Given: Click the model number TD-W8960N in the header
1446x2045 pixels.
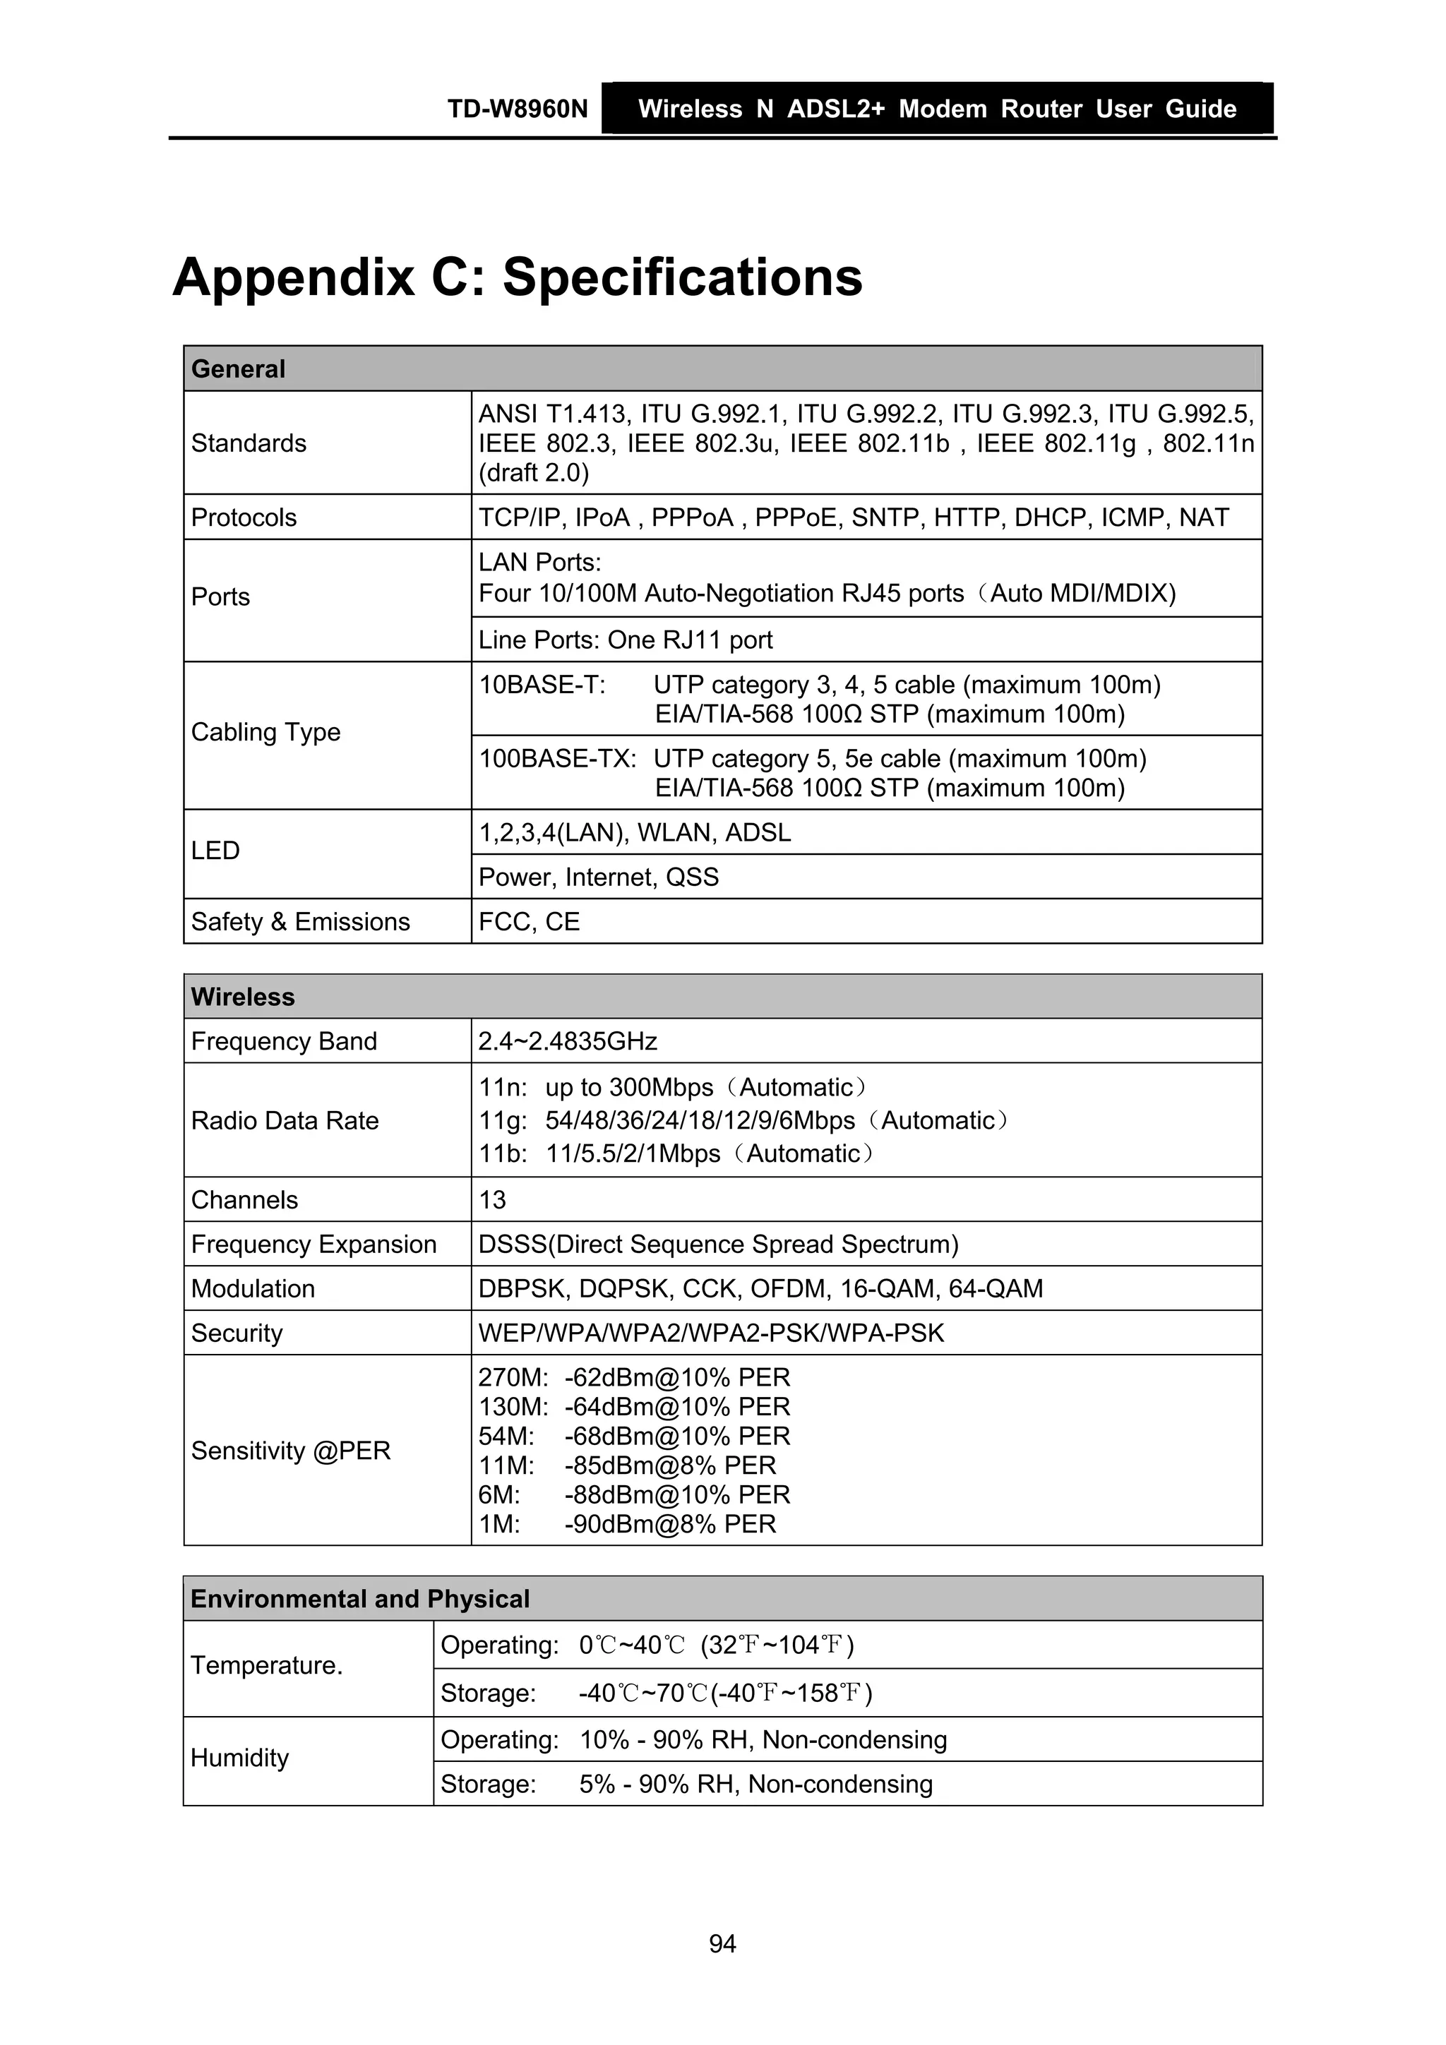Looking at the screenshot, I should tap(517, 109).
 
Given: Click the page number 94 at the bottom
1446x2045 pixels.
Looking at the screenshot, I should tap(722, 1943).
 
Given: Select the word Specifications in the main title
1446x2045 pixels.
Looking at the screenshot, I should tap(683, 276).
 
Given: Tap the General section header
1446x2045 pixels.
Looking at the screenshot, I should tap(238, 368).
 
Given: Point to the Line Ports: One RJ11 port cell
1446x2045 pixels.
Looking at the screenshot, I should tap(626, 640).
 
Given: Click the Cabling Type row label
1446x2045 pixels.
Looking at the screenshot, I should tap(265, 732).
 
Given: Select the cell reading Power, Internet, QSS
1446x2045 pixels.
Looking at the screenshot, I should tap(598, 877).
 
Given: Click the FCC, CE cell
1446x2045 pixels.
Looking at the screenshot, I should tap(530, 922).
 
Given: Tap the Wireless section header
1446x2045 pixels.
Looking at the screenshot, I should tap(242, 997).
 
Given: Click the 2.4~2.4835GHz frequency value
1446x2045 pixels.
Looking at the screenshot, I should tap(568, 1041).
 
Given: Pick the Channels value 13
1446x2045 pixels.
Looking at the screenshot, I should tap(492, 1200).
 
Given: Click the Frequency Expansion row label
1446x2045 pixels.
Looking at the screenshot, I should tap(313, 1245).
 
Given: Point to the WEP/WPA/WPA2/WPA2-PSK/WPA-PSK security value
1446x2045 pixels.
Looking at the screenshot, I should tap(711, 1333).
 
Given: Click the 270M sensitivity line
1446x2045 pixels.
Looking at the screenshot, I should tap(633, 1378).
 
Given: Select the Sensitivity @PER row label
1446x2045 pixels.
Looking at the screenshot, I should tap(290, 1451).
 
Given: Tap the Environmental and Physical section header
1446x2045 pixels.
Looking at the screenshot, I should tap(360, 1599).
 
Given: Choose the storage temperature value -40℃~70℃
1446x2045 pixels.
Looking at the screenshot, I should tap(643, 1693).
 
